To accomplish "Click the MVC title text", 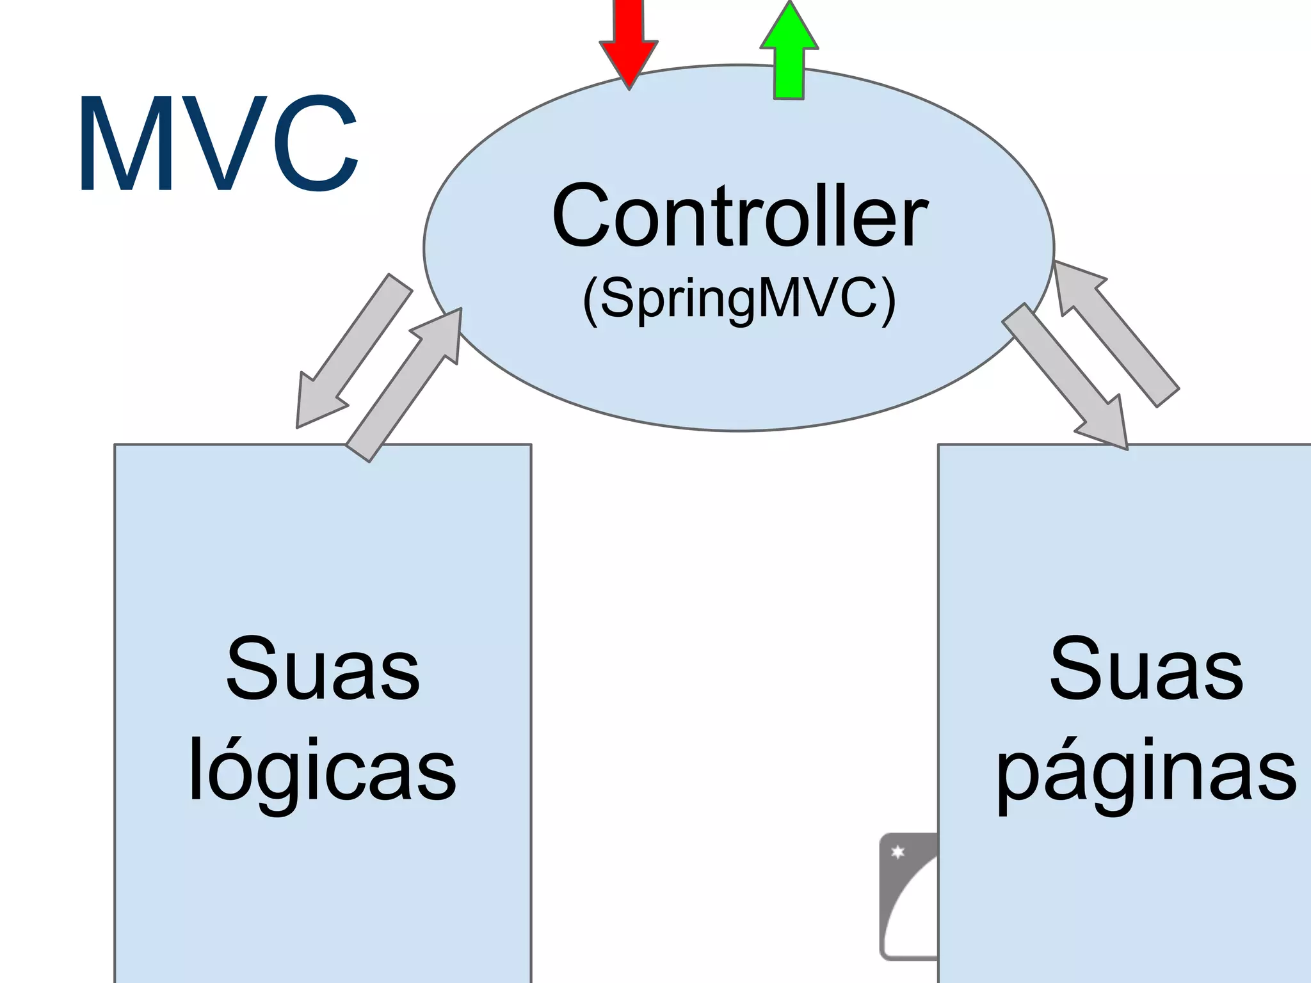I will pyautogui.click(x=218, y=145).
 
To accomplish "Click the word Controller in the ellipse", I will pyautogui.click(x=739, y=216).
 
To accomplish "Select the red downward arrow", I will pyautogui.click(x=629, y=38).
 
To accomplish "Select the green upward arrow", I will pyautogui.click(x=789, y=54).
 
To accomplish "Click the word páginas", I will pyautogui.click(x=1146, y=771).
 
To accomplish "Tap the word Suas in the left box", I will pyautogui.click(x=323, y=669).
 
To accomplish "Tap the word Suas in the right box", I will pyautogui.click(x=1146, y=669).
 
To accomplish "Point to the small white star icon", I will pyautogui.click(x=897, y=852).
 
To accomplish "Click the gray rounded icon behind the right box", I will pyautogui.click(x=906, y=909).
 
